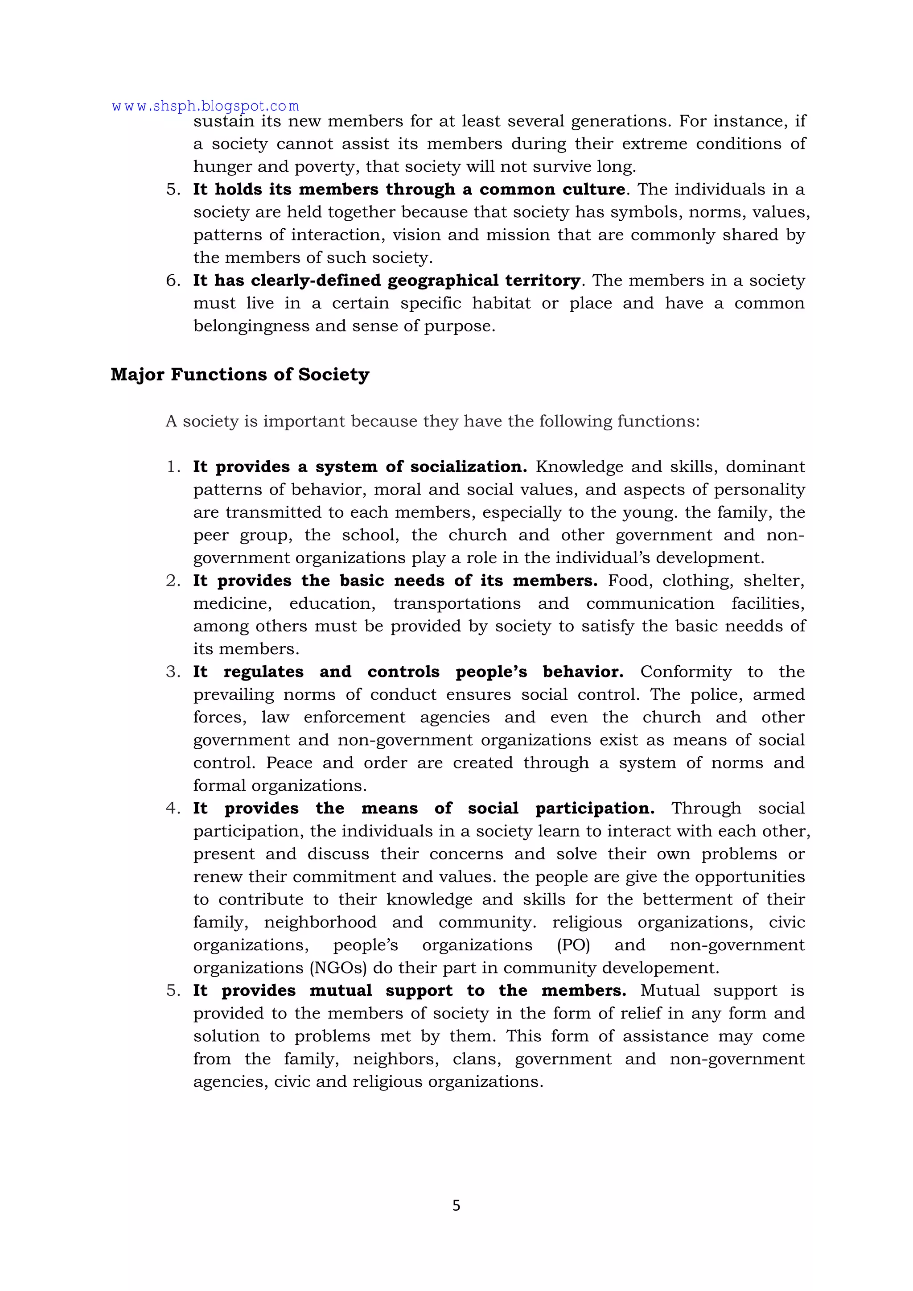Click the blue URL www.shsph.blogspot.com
pos(205,106)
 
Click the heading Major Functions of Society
pos(239,375)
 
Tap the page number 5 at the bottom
pos(456,1205)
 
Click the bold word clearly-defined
pos(318,280)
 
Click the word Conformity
pos(686,672)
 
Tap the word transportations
pos(456,603)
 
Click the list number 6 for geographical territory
pos(172,280)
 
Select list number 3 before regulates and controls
pos(172,672)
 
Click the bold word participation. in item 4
pos(595,808)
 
